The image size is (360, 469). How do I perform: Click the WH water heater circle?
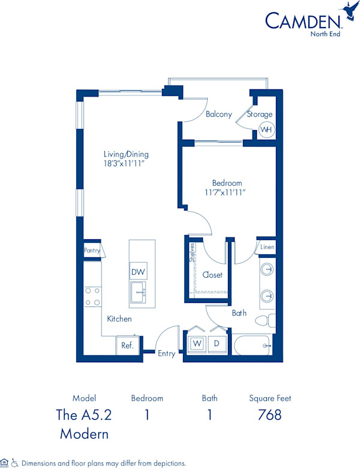[266, 129]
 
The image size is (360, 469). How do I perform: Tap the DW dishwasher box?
[139, 271]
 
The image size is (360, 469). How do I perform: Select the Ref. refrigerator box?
[128, 345]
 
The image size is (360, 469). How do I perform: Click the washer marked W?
[196, 344]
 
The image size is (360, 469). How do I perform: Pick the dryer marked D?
[217, 344]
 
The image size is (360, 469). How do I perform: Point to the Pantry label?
[92, 250]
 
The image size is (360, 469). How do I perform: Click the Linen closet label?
[267, 247]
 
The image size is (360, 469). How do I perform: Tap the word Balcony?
[218, 115]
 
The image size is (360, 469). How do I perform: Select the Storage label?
[260, 114]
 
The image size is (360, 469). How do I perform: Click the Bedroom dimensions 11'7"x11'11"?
[227, 193]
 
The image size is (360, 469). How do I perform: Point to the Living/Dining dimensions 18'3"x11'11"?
[125, 164]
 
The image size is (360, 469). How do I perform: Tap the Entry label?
[167, 353]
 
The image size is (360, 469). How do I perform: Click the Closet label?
[212, 275]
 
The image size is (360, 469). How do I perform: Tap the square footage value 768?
[270, 414]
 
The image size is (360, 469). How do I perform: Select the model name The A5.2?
[84, 414]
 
